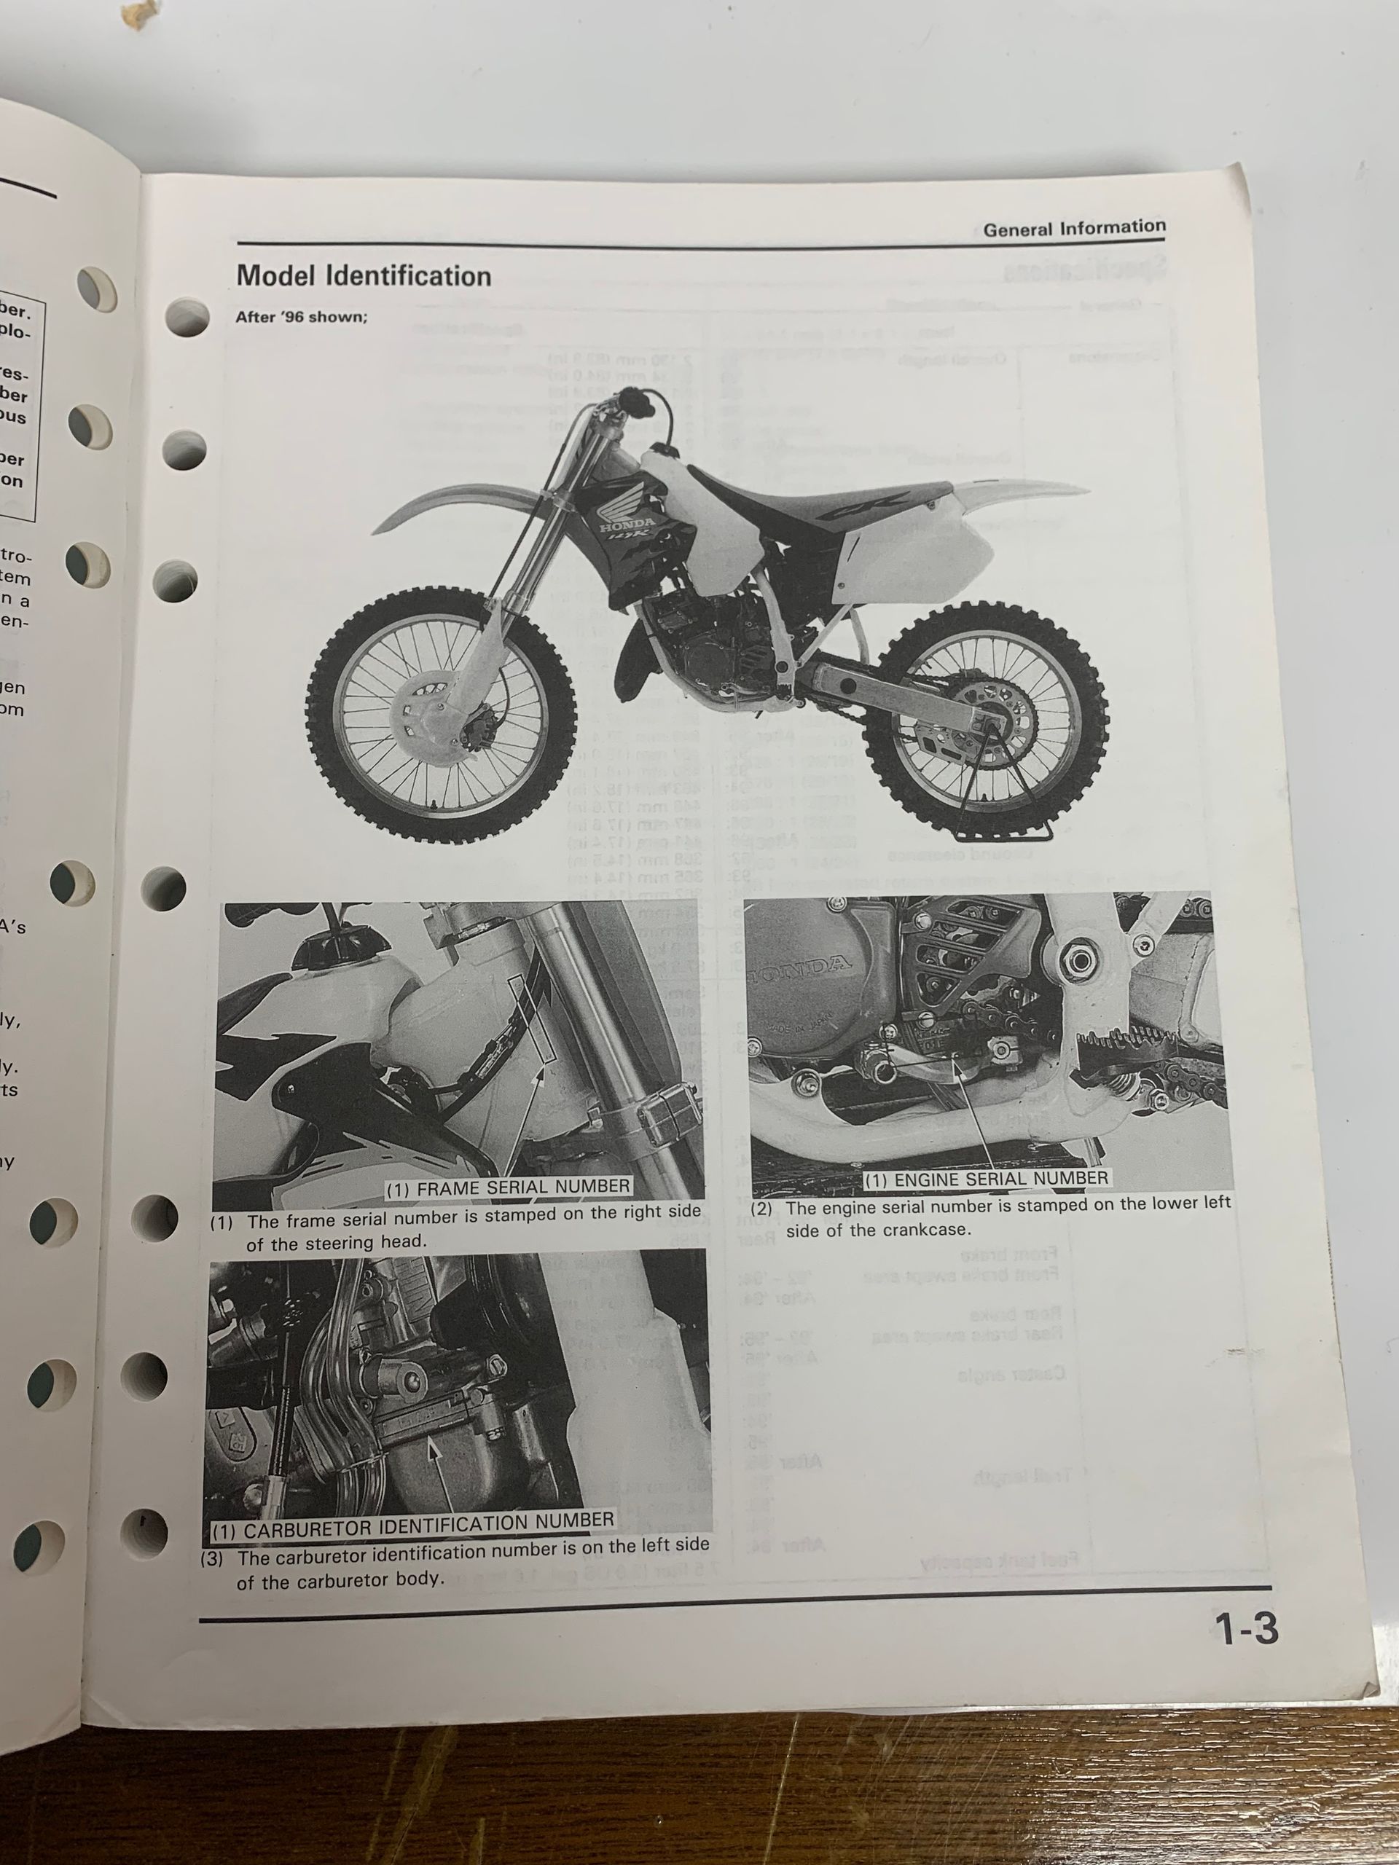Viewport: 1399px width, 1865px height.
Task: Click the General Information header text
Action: [x=1073, y=227]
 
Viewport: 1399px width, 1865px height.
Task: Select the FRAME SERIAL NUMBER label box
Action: [x=509, y=1186]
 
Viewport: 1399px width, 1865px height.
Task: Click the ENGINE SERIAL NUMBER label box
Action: [x=987, y=1178]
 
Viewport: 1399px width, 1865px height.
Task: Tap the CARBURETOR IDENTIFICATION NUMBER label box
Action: [x=412, y=1520]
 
